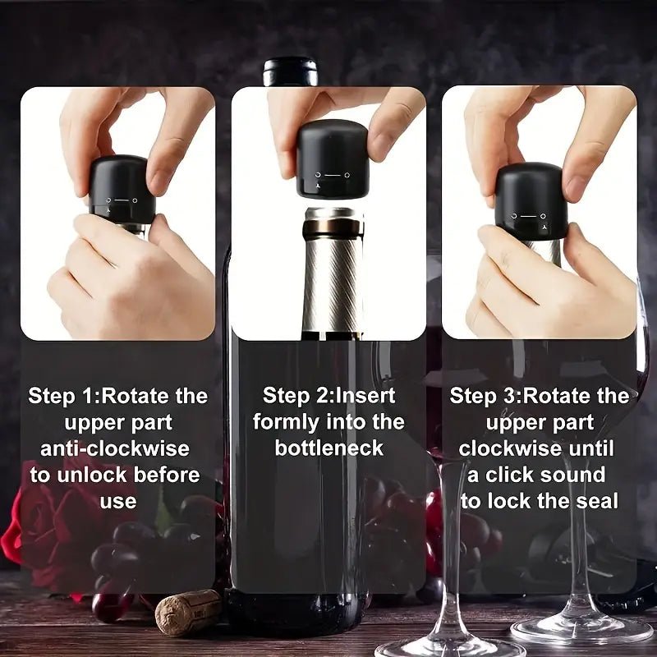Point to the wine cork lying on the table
[x=188, y=612]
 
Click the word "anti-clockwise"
[x=115, y=448]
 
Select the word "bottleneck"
[x=328, y=448]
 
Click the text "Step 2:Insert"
[x=328, y=396]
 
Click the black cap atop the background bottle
[x=290, y=71]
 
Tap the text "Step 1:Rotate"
[x=90, y=396]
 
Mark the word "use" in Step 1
[x=117, y=501]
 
